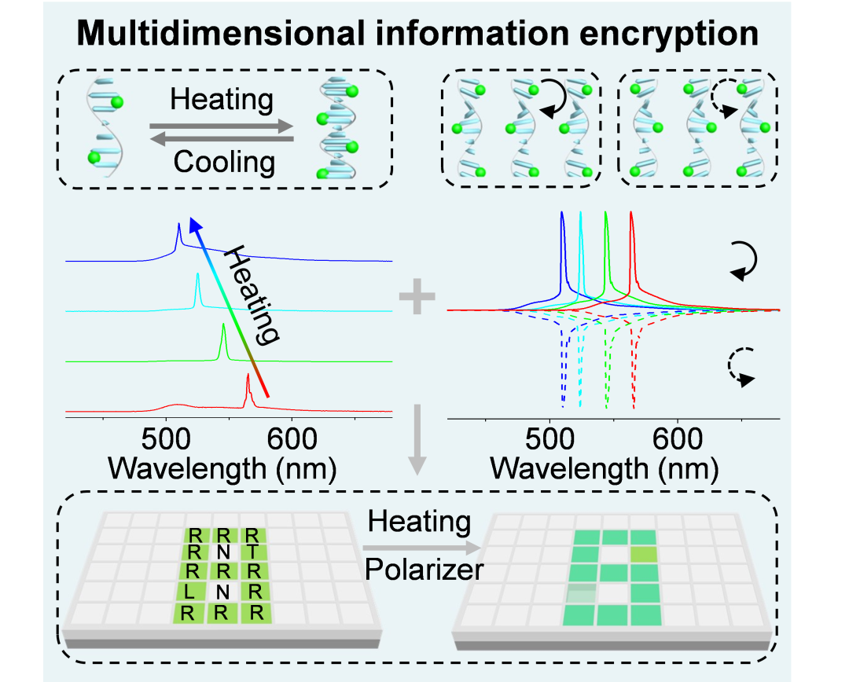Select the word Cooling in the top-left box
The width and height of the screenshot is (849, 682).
point(224,163)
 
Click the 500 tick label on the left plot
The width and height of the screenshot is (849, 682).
point(165,437)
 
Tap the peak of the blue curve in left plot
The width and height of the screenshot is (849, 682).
point(179,227)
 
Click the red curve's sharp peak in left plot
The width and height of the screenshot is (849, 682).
point(248,377)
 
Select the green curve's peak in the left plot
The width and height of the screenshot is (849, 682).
point(223,325)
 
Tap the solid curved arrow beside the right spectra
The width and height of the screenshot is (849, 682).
point(743,260)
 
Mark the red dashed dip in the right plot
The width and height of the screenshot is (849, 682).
point(634,405)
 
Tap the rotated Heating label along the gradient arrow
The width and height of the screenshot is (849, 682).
point(253,295)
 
